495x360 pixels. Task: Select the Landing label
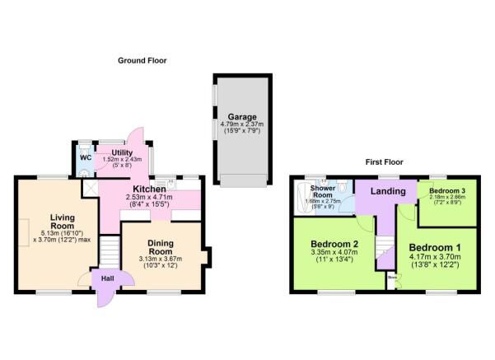387,192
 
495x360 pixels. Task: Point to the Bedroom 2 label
333,245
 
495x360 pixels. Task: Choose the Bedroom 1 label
435,248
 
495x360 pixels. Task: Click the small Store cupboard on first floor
392,278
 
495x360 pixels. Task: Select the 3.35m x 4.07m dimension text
333,256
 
